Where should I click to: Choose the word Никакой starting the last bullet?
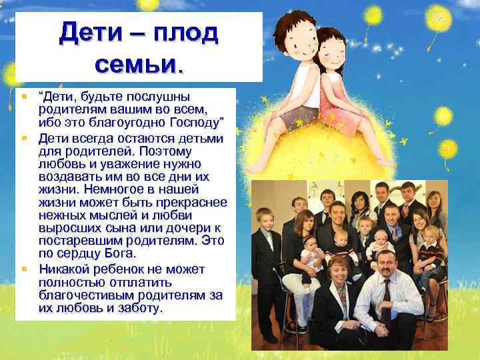pos(65,269)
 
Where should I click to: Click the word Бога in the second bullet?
pos(119,254)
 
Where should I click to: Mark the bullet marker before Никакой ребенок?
pos(24,269)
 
